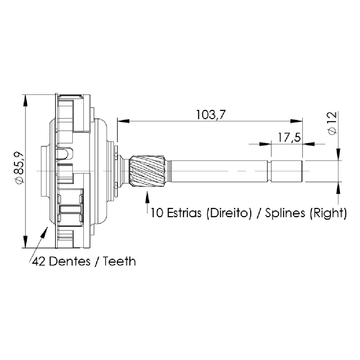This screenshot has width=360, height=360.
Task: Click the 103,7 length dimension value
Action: [x=211, y=115]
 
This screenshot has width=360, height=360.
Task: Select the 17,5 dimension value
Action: [x=289, y=137]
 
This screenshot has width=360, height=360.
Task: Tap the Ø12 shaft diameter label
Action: [x=332, y=123]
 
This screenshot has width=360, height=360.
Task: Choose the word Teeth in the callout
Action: [x=119, y=261]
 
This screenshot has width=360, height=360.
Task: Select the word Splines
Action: [x=285, y=213]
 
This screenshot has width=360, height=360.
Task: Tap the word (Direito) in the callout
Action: [x=229, y=213]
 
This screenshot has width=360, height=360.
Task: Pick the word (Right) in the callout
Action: [x=328, y=213]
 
